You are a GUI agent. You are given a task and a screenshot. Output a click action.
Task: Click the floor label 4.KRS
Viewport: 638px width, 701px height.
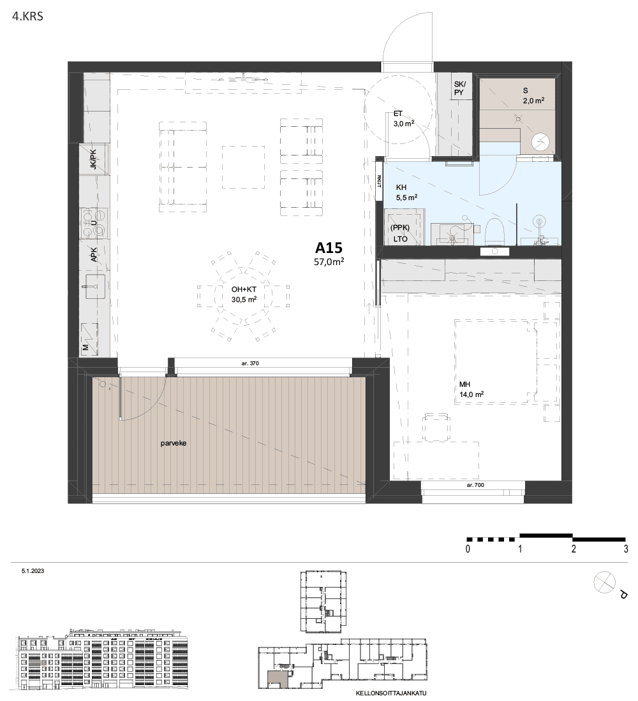[x=28, y=17]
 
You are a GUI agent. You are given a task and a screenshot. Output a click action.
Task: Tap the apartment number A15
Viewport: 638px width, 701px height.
[x=329, y=248]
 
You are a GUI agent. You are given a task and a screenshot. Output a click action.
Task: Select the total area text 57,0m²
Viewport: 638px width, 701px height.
[x=329, y=262]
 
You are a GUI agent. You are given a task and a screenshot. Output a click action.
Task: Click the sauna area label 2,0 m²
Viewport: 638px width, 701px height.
[x=533, y=101]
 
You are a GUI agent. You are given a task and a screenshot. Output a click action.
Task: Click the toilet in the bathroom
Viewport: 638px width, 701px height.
[x=495, y=231]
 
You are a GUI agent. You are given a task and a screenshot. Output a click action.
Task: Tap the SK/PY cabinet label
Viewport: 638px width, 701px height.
[x=459, y=88]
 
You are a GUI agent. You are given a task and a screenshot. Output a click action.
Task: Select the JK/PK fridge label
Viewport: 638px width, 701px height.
[x=93, y=159]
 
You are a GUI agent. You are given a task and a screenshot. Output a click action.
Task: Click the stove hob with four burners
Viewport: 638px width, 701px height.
[x=94, y=222]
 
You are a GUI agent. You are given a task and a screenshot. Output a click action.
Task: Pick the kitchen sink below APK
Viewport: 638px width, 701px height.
[x=95, y=287]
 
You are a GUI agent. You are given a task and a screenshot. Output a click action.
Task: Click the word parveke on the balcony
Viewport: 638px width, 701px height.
[x=174, y=444]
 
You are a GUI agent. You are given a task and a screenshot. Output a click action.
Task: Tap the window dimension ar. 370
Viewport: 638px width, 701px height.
[x=250, y=363]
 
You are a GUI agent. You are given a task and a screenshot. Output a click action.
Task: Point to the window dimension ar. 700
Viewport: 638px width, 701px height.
[x=475, y=485]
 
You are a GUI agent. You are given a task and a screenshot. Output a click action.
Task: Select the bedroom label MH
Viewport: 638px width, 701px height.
[x=464, y=384]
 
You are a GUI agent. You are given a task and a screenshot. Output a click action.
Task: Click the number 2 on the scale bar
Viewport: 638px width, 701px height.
[x=574, y=549]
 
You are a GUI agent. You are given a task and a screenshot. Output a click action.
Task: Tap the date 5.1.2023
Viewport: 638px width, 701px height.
[x=33, y=571]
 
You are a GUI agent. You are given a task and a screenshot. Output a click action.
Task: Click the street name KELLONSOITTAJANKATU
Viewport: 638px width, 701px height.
[x=391, y=693]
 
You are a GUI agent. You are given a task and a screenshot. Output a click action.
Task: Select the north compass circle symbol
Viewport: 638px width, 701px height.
[x=604, y=582]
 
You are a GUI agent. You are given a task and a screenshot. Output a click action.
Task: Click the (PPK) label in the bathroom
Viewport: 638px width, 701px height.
[x=400, y=228]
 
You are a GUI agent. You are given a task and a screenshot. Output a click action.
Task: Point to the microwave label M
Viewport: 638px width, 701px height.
[x=85, y=347]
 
